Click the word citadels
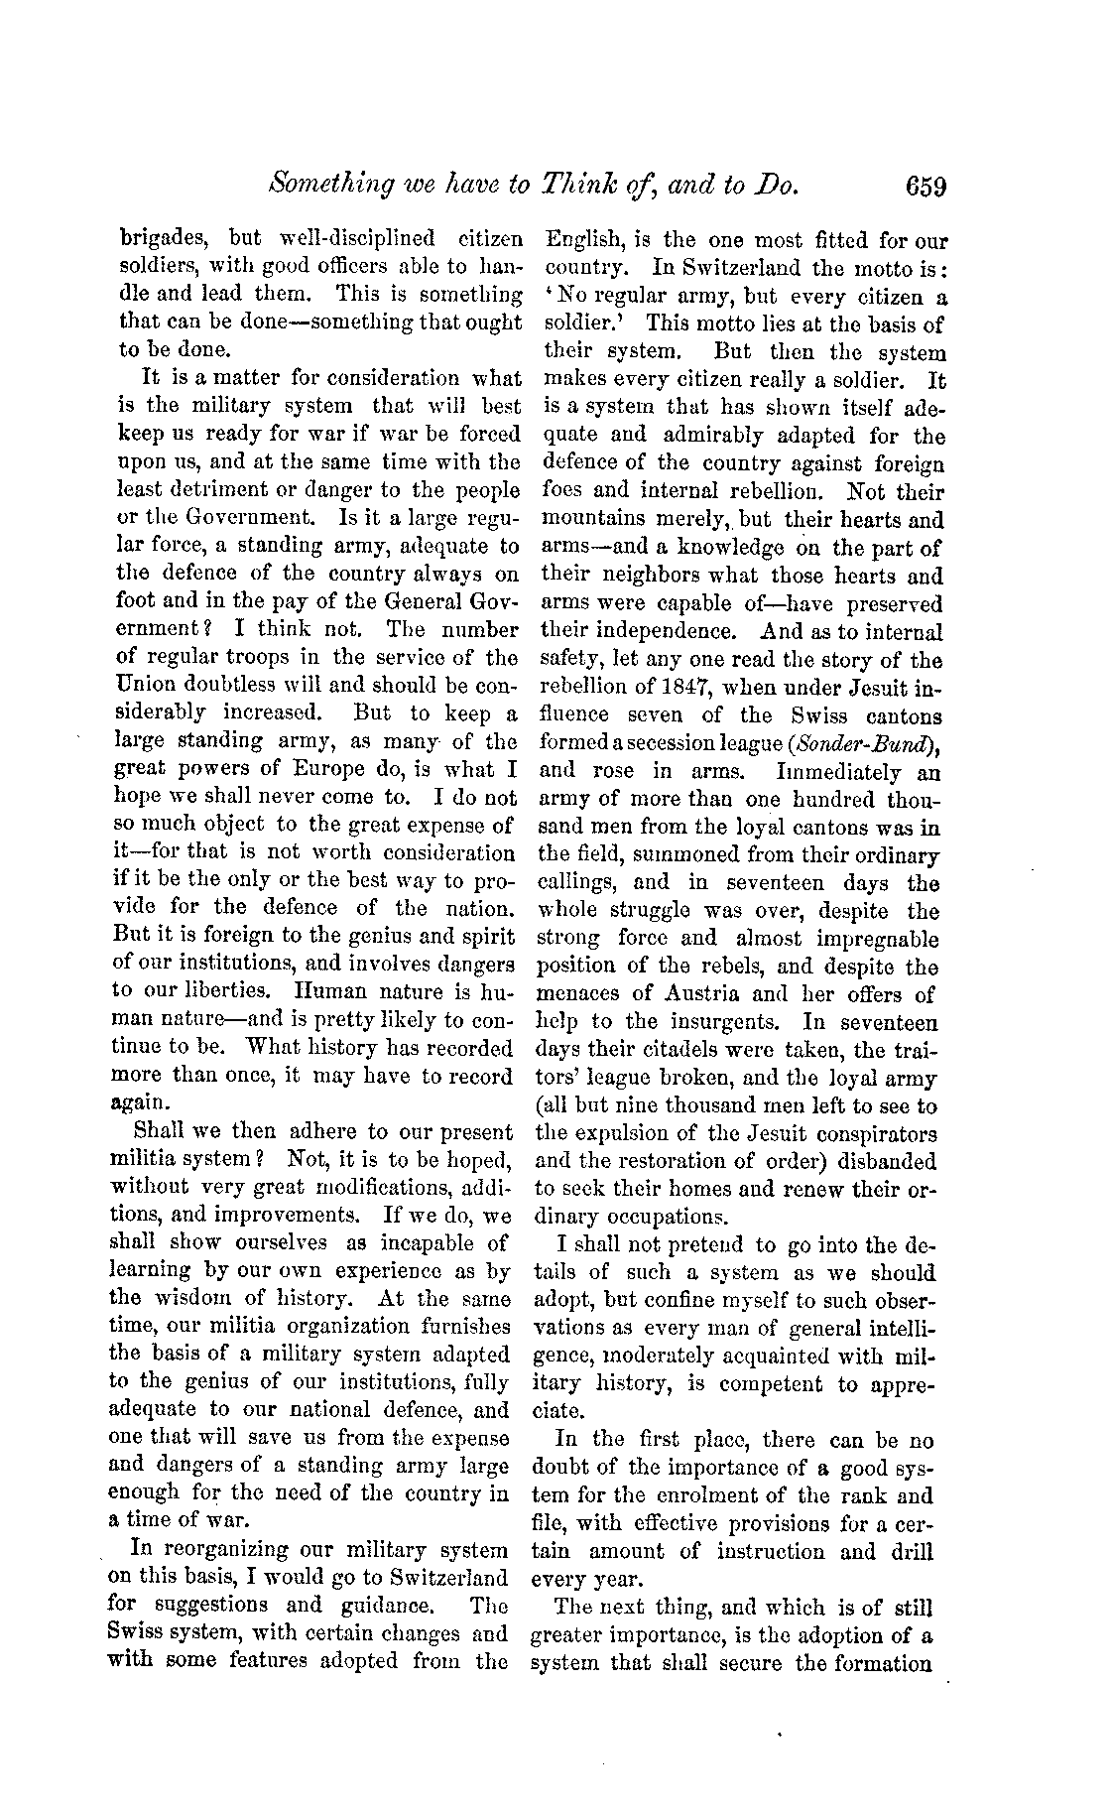[680, 1050]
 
